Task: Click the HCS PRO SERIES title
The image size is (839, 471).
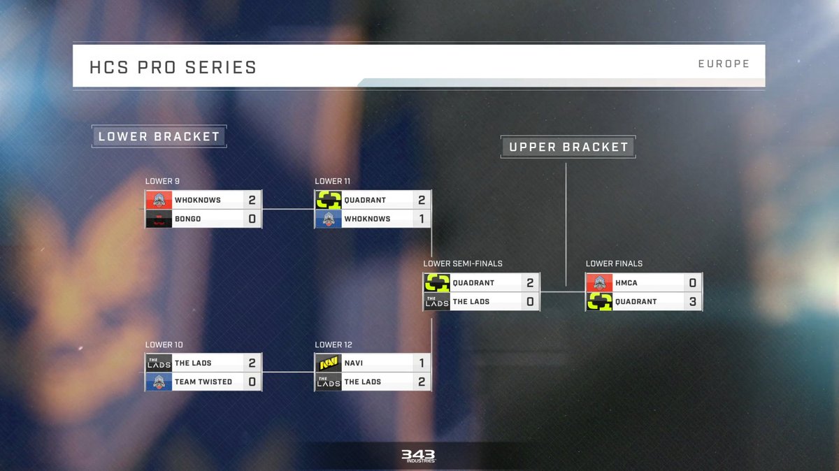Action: pos(173,67)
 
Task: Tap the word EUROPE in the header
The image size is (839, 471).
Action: pos(723,64)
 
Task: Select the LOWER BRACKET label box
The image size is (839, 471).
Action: pos(159,136)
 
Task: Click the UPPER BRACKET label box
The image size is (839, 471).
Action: pos(568,147)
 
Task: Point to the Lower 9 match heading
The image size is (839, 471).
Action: pos(162,182)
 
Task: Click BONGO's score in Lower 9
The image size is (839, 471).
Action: pos(252,219)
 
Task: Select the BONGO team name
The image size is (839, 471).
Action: pos(187,219)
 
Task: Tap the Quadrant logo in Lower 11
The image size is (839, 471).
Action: pos(328,200)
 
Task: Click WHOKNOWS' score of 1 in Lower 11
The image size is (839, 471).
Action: pos(421,219)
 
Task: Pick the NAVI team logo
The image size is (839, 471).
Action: pos(328,363)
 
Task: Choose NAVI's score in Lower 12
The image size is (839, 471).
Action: pos(421,363)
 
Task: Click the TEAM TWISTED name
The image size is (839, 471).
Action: pos(203,382)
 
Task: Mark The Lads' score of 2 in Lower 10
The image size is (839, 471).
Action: pos(252,363)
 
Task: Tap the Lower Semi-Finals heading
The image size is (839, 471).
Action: pos(463,263)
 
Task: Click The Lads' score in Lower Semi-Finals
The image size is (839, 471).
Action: pos(530,302)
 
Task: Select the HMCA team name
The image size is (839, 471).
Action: pos(626,283)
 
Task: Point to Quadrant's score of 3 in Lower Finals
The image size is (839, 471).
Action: pos(692,302)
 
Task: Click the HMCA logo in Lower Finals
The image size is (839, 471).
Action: pos(599,283)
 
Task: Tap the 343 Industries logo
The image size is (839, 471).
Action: pos(418,456)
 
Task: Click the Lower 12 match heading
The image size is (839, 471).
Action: pos(333,345)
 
